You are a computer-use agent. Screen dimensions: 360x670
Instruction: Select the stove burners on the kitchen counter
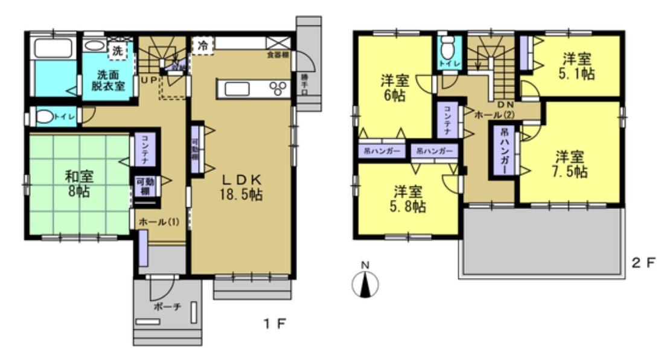click(x=278, y=89)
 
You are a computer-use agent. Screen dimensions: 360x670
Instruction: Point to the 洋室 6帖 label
click(x=392, y=88)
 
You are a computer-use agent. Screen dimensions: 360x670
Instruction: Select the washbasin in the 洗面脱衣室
click(x=94, y=45)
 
